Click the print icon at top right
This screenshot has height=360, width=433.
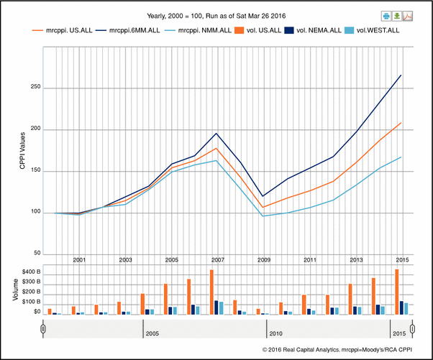(x=386, y=16)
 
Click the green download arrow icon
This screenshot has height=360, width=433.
(x=396, y=16)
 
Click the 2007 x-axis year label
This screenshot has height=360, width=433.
(x=216, y=259)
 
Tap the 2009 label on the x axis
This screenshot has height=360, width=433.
(x=263, y=259)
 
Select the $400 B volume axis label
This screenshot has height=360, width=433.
(x=26, y=271)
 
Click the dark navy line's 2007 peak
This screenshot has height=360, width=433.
(x=216, y=133)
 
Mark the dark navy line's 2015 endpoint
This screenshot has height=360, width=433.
(x=401, y=75)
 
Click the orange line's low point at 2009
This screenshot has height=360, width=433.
(x=263, y=208)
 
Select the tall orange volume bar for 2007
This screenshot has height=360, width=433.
(x=211, y=292)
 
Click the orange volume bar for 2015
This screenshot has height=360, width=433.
(x=396, y=292)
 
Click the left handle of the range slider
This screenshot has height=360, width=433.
(x=42, y=329)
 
